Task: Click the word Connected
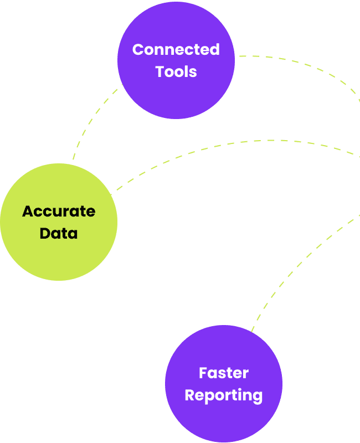point(176,50)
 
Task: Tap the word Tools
point(176,71)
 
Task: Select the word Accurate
point(59,212)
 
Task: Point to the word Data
point(59,233)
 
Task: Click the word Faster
point(224,373)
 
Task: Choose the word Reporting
point(224,395)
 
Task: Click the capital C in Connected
point(138,50)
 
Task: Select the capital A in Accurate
point(28,212)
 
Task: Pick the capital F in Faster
point(203,373)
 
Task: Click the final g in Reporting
point(257,397)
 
